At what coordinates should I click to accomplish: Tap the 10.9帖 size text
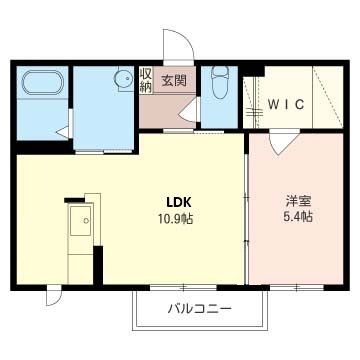point(176,219)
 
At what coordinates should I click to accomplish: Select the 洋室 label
point(298,201)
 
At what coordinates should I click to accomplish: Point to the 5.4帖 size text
point(298,217)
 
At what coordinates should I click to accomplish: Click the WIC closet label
point(287,104)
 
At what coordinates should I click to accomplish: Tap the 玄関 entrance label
point(174,80)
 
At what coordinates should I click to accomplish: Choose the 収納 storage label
point(145,80)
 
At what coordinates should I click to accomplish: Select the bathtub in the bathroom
point(42,82)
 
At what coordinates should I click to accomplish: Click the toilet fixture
point(220,81)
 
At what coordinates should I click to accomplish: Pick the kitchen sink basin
point(80,221)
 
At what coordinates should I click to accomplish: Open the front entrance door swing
point(178,47)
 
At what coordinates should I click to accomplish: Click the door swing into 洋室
point(283,143)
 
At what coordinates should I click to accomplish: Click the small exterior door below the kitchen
point(54,295)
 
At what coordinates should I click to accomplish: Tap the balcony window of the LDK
point(183,287)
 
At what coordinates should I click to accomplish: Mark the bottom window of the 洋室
point(296,287)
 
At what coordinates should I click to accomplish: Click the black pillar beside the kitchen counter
point(98,265)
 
